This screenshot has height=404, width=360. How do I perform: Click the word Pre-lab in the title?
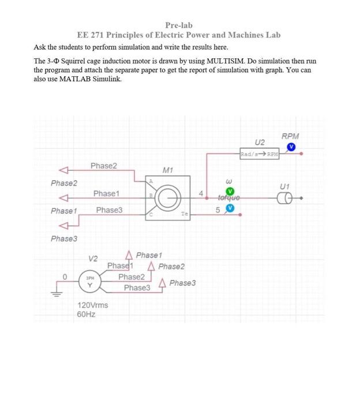click(179, 25)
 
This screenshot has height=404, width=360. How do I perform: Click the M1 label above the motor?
click(168, 170)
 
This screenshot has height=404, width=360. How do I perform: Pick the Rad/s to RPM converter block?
click(260, 154)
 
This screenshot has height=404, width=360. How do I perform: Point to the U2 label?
click(260, 143)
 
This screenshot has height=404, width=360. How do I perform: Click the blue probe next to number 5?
click(231, 209)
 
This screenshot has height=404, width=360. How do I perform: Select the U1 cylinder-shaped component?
click(284, 198)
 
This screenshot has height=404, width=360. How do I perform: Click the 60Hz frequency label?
click(86, 315)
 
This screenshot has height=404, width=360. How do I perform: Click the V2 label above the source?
click(93, 258)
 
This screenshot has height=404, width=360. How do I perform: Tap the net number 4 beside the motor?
click(200, 193)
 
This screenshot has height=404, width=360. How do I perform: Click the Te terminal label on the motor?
click(185, 214)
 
